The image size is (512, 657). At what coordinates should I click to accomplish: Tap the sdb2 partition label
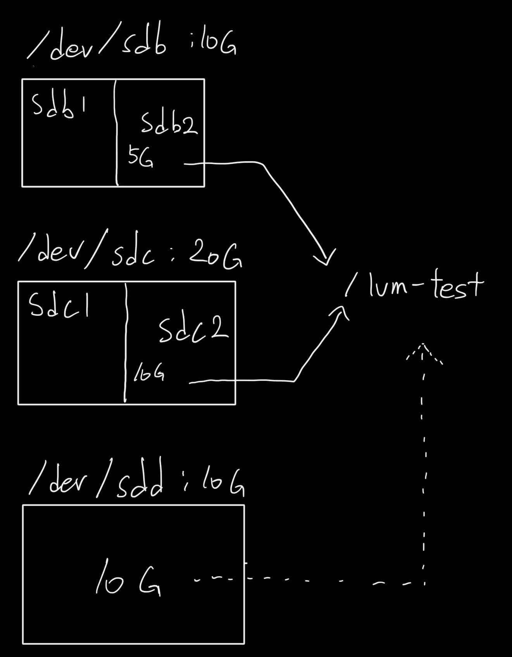click(x=169, y=123)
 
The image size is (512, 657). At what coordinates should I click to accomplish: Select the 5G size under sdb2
click(x=140, y=158)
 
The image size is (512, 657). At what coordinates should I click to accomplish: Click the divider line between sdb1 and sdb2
click(x=116, y=134)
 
